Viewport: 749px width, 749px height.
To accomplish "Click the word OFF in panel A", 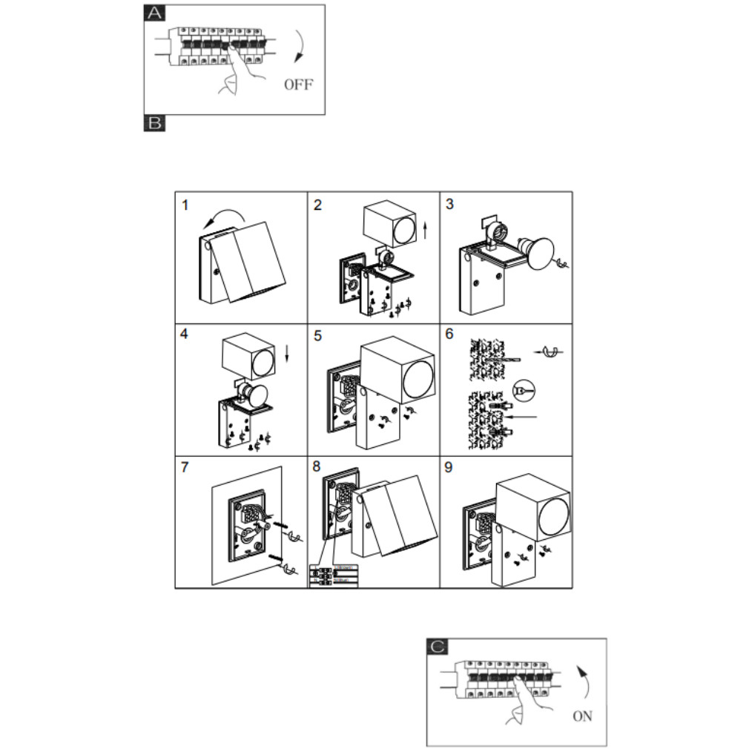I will (x=298, y=84).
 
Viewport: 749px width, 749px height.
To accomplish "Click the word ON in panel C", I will (x=582, y=716).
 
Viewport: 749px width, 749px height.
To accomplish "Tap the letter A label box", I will (x=154, y=13).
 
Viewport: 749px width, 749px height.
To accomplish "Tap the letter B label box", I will (x=154, y=123).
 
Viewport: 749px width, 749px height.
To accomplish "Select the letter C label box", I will (x=438, y=647).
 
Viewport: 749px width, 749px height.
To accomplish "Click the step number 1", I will (x=185, y=205).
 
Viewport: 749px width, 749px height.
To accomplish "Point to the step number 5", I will (x=317, y=336).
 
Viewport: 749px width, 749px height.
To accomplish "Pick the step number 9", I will (x=449, y=468).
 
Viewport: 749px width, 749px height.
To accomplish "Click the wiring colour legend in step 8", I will (x=333, y=576).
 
